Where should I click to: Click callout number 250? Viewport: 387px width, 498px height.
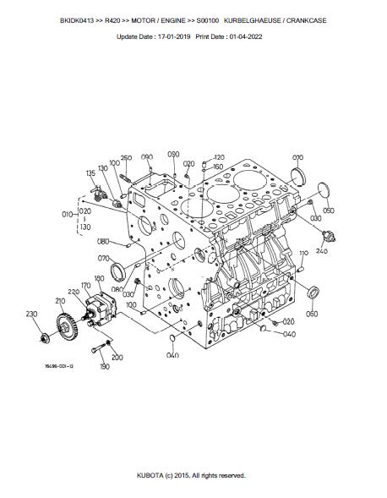coord(126,158)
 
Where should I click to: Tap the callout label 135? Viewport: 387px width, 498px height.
coord(90,173)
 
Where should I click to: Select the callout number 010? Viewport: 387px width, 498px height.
coord(68,215)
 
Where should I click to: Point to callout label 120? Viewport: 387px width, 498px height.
coord(219,157)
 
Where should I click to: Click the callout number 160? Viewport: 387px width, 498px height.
coord(218,167)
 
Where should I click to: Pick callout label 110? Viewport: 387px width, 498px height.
coord(304,253)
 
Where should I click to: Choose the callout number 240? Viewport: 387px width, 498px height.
coord(322,251)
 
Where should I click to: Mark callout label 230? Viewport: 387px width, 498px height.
coord(31,314)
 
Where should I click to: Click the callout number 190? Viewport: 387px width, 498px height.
coord(105,366)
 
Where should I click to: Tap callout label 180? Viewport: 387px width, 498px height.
coord(99,278)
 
